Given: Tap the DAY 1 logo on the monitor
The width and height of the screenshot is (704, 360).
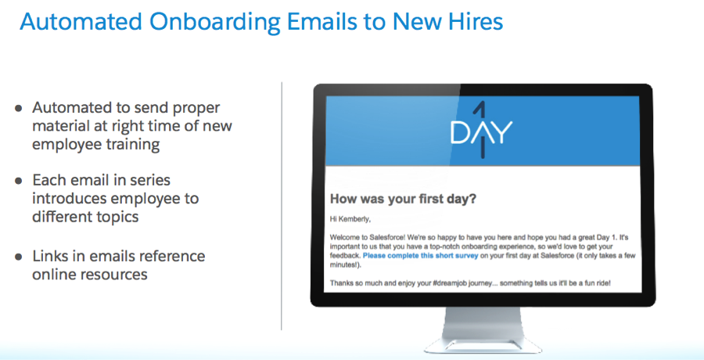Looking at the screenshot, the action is [x=481, y=131].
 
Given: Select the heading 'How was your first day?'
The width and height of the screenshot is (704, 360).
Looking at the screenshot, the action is [x=403, y=199].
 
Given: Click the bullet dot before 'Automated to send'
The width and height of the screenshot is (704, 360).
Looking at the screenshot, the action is [x=19, y=108].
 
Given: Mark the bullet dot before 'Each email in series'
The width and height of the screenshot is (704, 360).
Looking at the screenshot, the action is [x=19, y=181].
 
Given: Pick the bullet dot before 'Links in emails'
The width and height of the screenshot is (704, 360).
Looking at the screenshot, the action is [x=19, y=257].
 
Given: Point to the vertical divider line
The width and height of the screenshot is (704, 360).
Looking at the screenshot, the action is [x=282, y=206].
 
